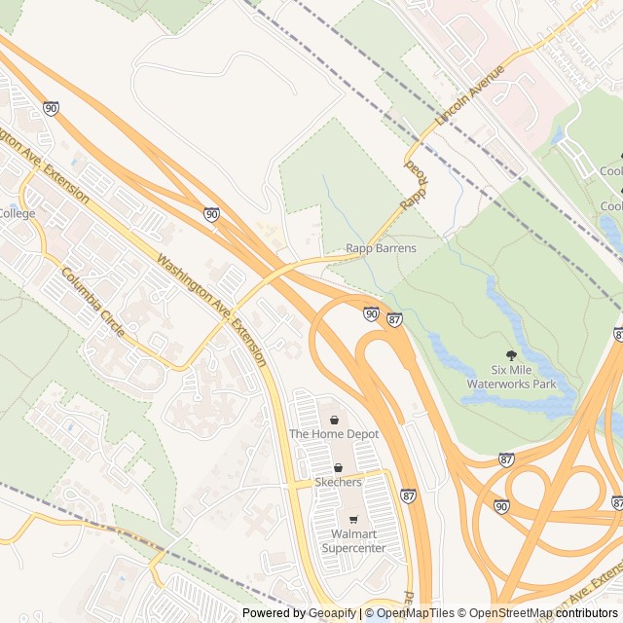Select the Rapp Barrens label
(381, 248)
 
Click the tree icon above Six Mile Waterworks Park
(511, 355)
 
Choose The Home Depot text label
(333, 433)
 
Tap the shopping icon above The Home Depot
(334, 420)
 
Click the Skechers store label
(338, 482)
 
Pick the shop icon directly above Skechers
(338, 468)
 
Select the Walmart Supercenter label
(352, 540)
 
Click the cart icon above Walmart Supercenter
(352, 519)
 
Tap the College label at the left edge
(16, 213)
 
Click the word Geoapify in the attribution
(332, 613)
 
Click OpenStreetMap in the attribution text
(517, 613)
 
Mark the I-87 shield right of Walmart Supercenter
(407, 495)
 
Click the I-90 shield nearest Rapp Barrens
(372, 312)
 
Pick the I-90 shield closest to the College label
(51, 108)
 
